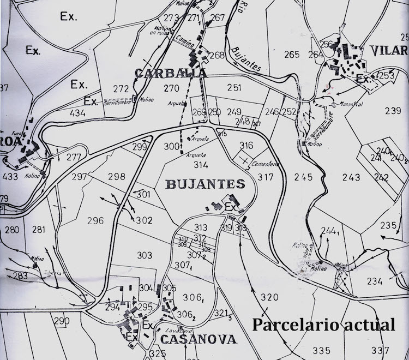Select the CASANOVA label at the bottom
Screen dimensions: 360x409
(x=200, y=339)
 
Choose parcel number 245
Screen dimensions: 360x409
(x=303, y=177)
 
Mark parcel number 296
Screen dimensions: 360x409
(x=95, y=221)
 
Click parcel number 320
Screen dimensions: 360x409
(x=269, y=297)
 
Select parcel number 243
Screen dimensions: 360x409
(x=351, y=177)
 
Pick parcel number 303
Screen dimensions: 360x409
(x=145, y=255)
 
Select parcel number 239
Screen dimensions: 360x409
(x=393, y=111)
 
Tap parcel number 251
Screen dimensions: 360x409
(x=234, y=88)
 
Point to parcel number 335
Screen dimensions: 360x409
(x=322, y=350)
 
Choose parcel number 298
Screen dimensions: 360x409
(x=116, y=176)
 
